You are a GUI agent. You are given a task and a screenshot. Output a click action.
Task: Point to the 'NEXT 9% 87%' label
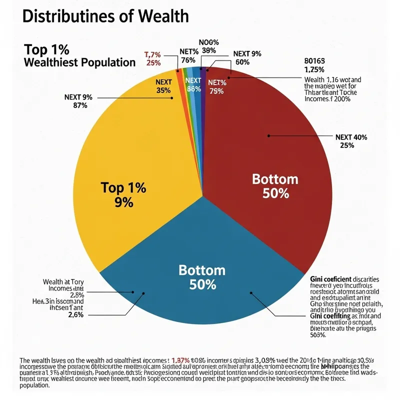tap(78, 101)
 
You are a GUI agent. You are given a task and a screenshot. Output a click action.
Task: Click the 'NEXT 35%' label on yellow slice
tap(164, 86)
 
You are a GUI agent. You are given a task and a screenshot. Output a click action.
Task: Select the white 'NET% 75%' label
tap(216, 87)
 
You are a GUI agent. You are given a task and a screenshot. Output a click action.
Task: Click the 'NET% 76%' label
tap(187, 56)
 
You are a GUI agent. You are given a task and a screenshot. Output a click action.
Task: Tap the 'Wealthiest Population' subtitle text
tap(80, 62)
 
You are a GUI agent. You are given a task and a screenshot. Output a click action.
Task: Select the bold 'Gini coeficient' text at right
tap(327, 279)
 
